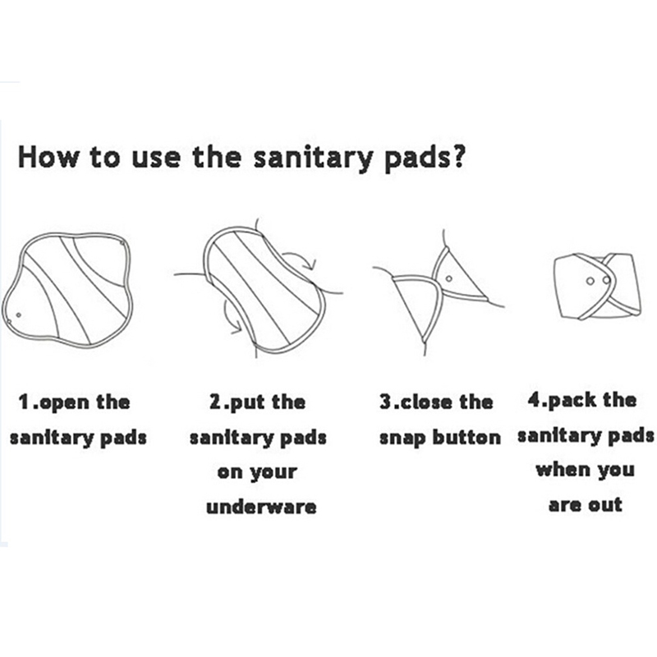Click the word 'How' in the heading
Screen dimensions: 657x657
coord(48,158)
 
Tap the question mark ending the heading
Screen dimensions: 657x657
coord(457,156)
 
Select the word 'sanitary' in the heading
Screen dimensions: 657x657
coord(313,159)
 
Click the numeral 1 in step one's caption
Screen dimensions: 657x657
coord(25,402)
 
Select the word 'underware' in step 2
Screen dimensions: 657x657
coord(261,506)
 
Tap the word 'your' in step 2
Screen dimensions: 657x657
coord(273,474)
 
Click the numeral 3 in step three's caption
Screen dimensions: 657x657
coord(386,402)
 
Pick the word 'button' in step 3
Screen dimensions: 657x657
coord(466,437)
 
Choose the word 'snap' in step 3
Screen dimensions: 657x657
coord(403,439)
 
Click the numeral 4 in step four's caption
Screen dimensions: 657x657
coord(535,400)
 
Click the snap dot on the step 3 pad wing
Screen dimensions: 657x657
coord(448,278)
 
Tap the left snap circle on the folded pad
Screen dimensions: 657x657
coord(590,281)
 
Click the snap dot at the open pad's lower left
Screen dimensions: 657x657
coord(18,315)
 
